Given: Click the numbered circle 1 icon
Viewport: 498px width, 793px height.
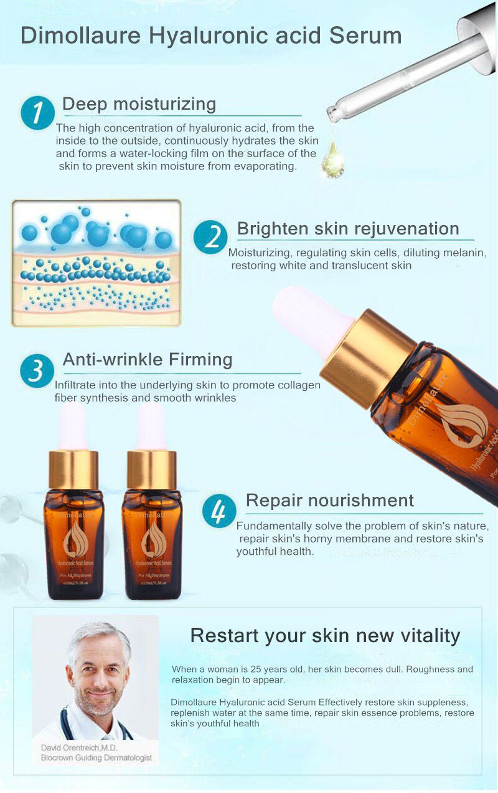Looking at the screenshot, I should pyautogui.click(x=37, y=113).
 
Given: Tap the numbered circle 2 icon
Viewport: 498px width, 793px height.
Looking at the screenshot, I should pyautogui.click(x=210, y=237).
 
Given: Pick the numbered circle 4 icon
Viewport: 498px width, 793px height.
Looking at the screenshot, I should pyautogui.click(x=219, y=511).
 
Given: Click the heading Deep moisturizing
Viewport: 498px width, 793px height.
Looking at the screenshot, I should pyautogui.click(x=139, y=103).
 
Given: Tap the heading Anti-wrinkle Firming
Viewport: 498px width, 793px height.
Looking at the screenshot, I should pyautogui.click(x=148, y=360).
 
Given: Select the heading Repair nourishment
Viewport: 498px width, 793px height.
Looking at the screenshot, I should pyautogui.click(x=329, y=500).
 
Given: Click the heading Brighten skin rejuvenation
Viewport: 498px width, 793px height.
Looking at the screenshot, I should pyautogui.click(x=348, y=228).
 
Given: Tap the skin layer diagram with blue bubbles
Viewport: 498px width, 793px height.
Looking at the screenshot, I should pyautogui.click(x=96, y=263).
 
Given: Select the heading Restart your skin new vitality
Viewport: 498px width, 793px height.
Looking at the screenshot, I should pyautogui.click(x=325, y=635).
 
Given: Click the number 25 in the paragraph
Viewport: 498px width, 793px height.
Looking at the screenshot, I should pyautogui.click(x=248, y=670).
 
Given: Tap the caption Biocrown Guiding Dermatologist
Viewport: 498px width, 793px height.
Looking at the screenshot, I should pyautogui.click(x=96, y=758).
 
